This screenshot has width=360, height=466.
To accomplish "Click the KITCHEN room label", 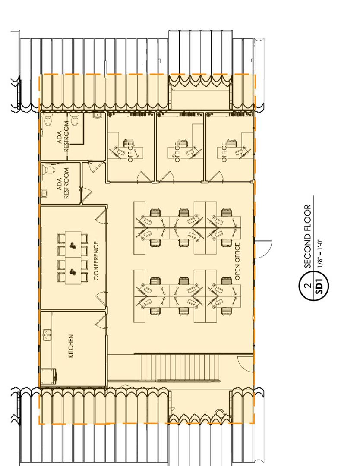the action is [71, 346].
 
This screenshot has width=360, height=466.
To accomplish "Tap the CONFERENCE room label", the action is [96, 260].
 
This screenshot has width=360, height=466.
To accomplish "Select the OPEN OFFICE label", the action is [237, 261].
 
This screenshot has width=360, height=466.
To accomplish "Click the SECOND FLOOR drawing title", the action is [308, 236].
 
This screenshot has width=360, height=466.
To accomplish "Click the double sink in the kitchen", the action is [47, 335].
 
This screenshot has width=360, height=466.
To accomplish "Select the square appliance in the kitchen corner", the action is [48, 377].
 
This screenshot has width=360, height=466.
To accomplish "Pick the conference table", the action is [73, 257].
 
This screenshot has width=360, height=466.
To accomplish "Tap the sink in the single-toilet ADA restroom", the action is [44, 193].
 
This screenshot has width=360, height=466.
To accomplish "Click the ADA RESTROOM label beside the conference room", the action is [63, 183].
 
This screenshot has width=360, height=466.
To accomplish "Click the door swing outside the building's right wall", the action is [264, 249].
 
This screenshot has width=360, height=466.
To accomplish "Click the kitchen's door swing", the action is [101, 321].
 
